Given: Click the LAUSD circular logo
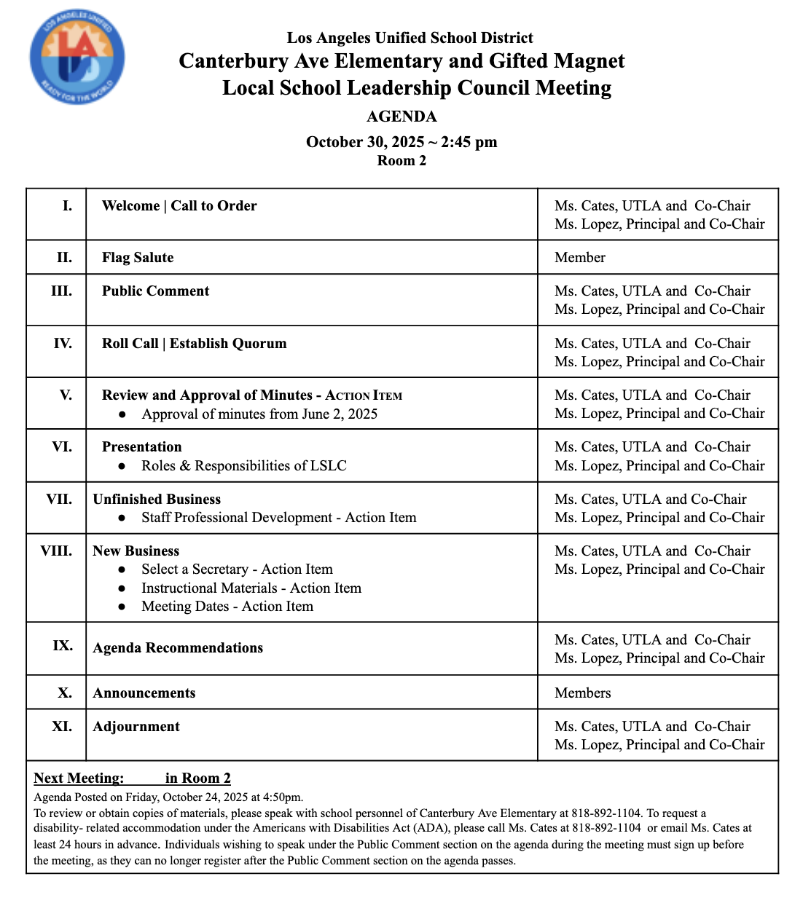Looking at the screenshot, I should click(77, 58).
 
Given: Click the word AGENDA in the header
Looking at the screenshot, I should click(401, 117).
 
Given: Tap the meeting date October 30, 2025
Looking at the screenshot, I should click(364, 142).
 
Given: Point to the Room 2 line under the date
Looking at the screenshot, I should click(401, 161).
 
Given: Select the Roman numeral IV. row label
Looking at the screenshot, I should click(63, 344).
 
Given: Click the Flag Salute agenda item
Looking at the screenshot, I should click(138, 258).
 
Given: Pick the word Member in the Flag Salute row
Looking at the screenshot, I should click(580, 258).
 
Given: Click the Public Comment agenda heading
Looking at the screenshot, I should click(155, 291).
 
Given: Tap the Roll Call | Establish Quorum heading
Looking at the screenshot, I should click(194, 344).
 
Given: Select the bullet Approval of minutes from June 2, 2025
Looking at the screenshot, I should click(259, 414).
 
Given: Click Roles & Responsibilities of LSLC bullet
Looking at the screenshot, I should click(244, 466).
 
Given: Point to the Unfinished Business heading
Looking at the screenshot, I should click(157, 500).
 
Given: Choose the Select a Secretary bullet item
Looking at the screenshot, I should click(237, 569).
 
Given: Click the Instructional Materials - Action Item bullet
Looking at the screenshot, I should click(251, 588).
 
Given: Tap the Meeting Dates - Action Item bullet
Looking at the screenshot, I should click(227, 607).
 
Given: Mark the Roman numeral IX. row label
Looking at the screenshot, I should click(63, 646).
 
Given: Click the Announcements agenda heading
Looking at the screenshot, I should click(144, 693).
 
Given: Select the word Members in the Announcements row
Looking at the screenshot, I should click(583, 693).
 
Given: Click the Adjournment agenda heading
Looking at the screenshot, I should click(136, 727).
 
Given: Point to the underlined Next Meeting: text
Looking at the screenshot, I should click(79, 778).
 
